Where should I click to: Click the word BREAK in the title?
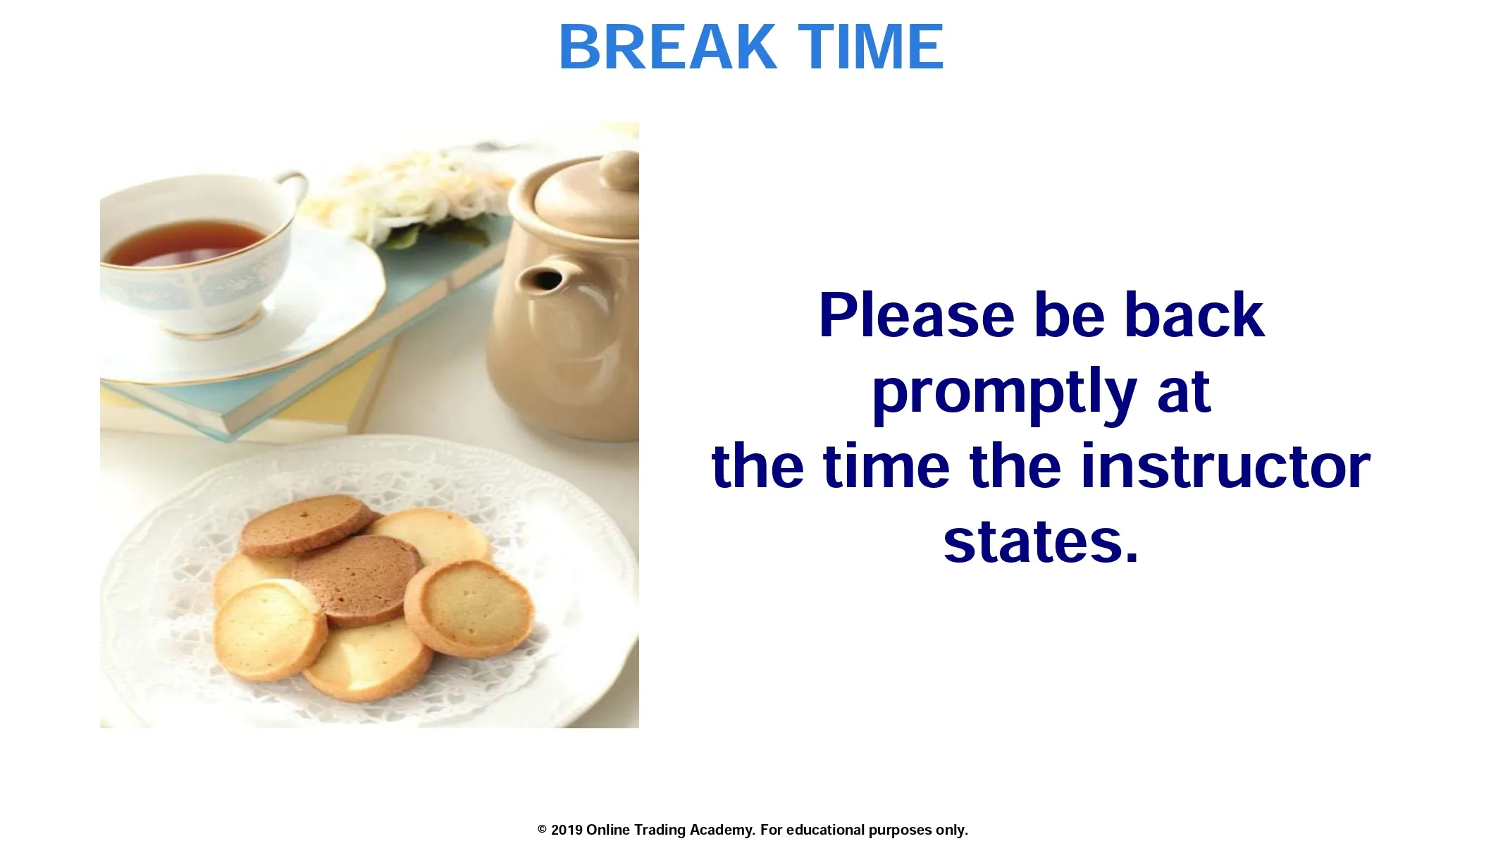click(667, 47)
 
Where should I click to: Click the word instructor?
click(1225, 467)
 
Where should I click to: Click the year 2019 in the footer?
click(567, 830)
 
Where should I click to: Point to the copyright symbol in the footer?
click(542, 830)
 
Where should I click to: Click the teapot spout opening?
click(546, 280)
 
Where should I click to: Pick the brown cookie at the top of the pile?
click(307, 525)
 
